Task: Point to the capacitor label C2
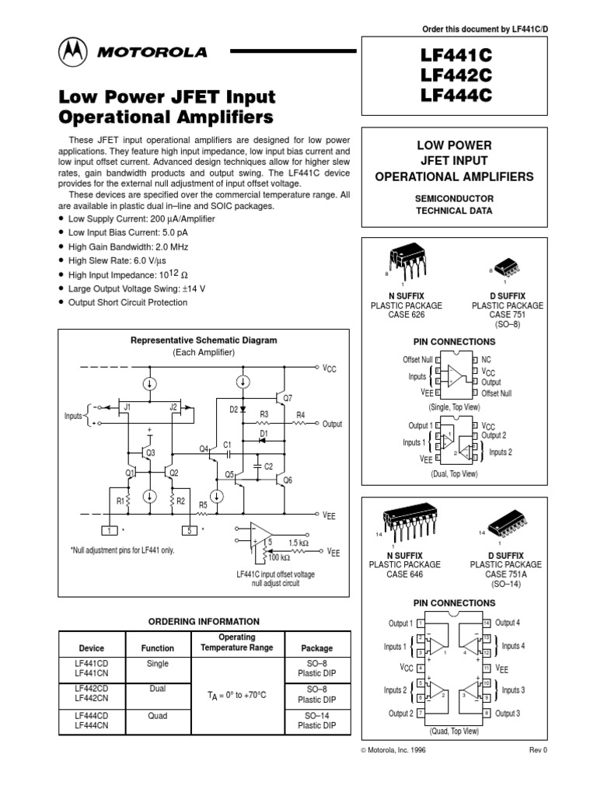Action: (x=268, y=466)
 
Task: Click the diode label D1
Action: (x=264, y=433)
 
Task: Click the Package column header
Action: (x=317, y=648)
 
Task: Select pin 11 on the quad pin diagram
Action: (x=486, y=668)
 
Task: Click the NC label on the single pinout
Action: (x=487, y=361)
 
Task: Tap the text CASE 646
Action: (x=405, y=574)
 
